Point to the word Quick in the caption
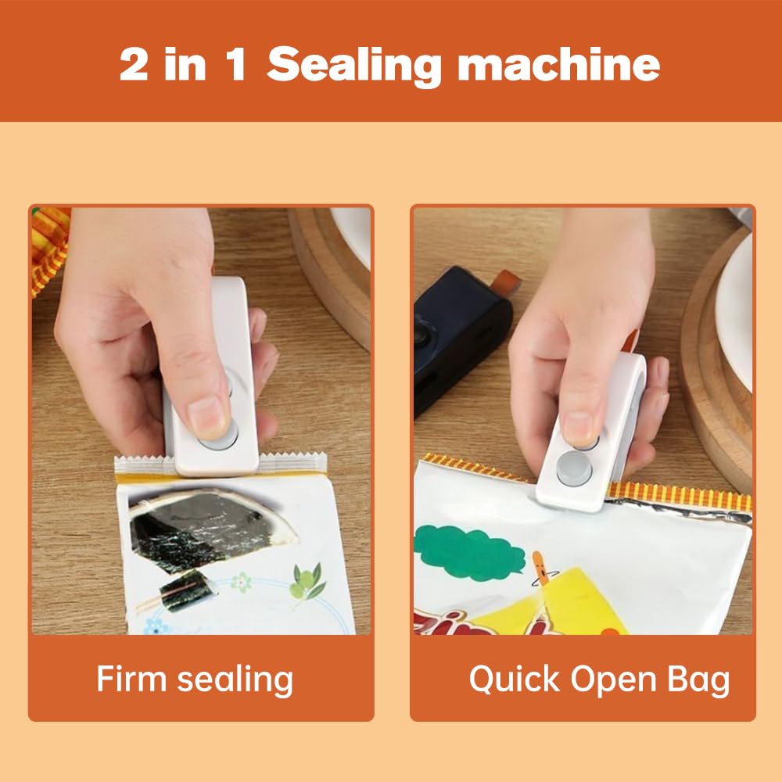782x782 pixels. pyautogui.click(x=514, y=679)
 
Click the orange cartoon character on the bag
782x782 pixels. pyautogui.click(x=540, y=571)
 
